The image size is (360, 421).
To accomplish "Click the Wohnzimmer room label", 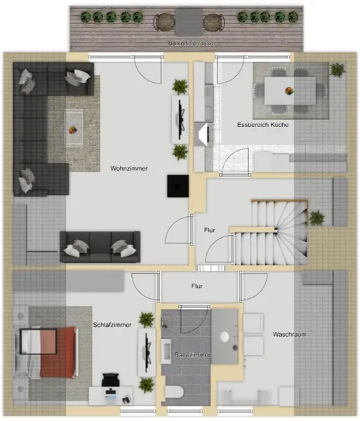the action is pos(129,168).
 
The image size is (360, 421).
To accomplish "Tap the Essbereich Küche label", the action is pos(263,125).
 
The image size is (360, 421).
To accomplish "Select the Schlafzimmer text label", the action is pos(112,325).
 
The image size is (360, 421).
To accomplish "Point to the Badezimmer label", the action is pos(192,354).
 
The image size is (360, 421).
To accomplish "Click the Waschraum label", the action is pos(289,334).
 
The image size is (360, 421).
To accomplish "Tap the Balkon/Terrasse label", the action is pos(191,43).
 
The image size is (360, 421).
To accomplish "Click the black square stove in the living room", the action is pos(178,186).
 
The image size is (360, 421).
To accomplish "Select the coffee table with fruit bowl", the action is pos(73,128).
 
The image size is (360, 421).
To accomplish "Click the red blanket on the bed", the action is pos(58,352).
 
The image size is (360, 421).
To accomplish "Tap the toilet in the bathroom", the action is pos(174,393).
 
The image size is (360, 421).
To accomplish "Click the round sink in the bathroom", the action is pos(225,337).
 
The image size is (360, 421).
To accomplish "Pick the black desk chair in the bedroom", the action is pos(111,380).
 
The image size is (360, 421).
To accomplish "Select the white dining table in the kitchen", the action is pos(290,91).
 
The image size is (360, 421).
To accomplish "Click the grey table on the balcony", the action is pos(189,22).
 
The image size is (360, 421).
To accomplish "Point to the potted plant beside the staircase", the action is pos(316,218).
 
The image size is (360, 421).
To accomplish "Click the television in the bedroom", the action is pos(147,352).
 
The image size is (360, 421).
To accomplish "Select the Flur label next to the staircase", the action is pos(209,230).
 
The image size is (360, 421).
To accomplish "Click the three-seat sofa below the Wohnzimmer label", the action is pos(100,247).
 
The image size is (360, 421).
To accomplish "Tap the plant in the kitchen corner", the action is pos(338,69).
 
